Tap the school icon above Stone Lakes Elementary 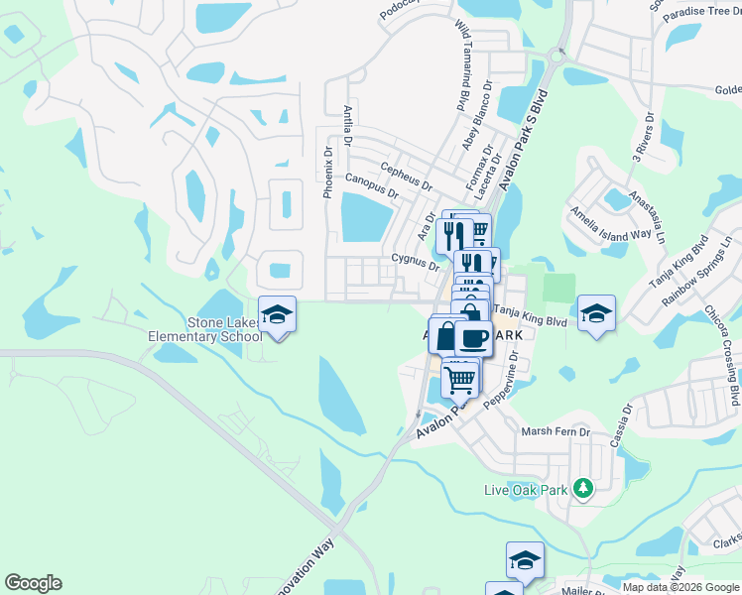pyautogui.click(x=278, y=314)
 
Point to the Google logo pyautogui.click(x=33, y=583)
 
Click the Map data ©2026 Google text pyautogui.click(x=680, y=587)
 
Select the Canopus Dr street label pyautogui.click(x=371, y=184)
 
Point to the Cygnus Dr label pyautogui.click(x=415, y=261)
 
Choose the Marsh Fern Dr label pyautogui.click(x=556, y=432)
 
